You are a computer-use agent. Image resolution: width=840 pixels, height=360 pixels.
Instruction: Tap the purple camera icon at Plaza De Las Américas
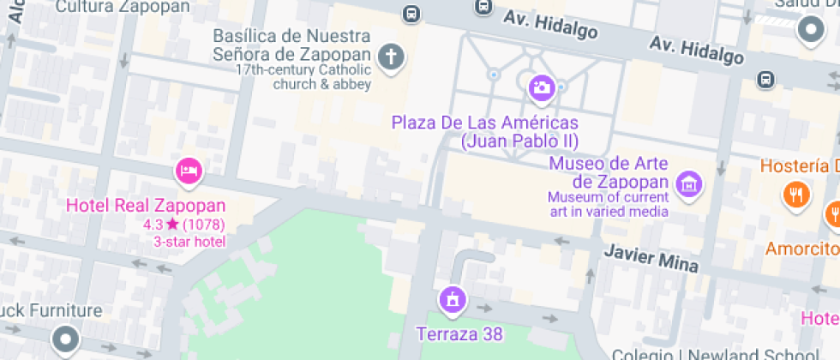pos(541,87)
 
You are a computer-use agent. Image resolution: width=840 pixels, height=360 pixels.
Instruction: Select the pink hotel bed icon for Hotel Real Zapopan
pos(188,171)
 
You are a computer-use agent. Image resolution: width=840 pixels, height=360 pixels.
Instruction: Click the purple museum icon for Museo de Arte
pos(688,183)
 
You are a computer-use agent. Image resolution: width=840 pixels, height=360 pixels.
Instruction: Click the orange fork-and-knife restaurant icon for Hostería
pos(796,194)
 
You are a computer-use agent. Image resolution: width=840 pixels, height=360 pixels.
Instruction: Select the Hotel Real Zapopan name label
pos(146,206)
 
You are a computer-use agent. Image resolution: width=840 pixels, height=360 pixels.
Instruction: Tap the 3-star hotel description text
pos(189,242)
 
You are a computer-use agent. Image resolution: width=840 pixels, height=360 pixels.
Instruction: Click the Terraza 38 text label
pos(459,333)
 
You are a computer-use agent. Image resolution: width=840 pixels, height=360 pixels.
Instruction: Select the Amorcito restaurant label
pos(802,249)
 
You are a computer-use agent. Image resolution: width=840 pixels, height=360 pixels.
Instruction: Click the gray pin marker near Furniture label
pos(66,339)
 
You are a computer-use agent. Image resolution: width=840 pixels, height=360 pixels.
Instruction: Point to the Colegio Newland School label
pos(715,354)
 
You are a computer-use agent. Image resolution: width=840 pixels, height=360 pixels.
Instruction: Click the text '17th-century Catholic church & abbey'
pos(303,77)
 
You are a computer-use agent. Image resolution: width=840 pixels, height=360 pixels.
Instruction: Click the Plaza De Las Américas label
pos(485,131)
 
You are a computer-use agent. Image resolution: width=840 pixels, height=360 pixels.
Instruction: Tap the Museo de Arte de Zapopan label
pos(609,172)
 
